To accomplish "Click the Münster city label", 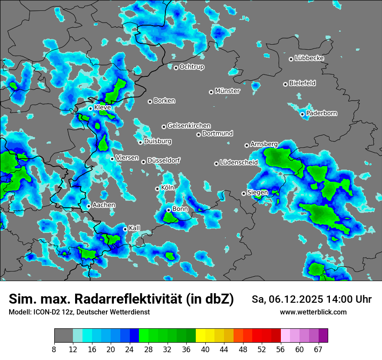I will pos(227,91).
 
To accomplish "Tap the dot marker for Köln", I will pos(157,189).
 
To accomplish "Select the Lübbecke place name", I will pos(310,58).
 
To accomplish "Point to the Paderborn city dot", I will pos(303,114).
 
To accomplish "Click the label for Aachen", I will pos(104,205).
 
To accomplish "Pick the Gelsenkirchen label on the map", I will pos(189,126).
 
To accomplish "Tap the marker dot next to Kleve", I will pos(90,108).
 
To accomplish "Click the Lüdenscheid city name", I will pos(239,163).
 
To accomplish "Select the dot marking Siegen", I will pos(244,193).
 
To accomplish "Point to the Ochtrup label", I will pos(191,67).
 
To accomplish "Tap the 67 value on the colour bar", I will pos(318,349).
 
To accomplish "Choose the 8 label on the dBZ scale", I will pos(54,349).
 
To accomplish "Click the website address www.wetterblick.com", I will pos(313,312).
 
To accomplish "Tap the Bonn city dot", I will pos(168,210).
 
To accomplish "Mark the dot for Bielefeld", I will pos(285,84).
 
